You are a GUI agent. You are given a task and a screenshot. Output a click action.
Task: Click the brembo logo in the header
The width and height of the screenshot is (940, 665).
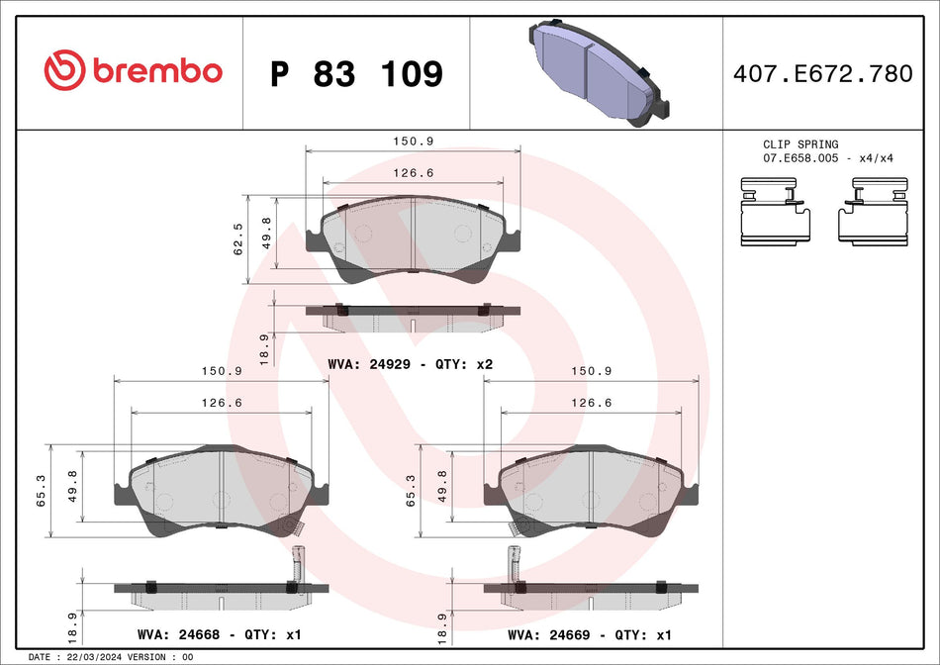pyautogui.click(x=133, y=71)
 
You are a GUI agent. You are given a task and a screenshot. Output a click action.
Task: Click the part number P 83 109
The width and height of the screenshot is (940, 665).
pyautogui.click(x=356, y=73)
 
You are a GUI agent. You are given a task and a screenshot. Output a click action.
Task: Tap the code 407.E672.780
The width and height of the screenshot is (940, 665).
pyautogui.click(x=822, y=73)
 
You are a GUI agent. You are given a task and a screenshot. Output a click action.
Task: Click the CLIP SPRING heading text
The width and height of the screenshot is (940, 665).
pyautogui.click(x=799, y=144)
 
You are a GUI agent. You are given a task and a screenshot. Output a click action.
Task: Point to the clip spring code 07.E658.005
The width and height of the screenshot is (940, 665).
pyautogui.click(x=799, y=158)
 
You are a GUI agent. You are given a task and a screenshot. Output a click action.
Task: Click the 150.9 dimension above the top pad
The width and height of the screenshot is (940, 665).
pyautogui.click(x=413, y=142)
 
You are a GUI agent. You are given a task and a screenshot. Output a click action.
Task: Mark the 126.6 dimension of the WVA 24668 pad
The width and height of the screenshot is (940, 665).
pyautogui.click(x=222, y=403)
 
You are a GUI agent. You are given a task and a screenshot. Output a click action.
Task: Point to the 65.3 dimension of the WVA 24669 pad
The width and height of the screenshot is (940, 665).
pyautogui.click(x=411, y=490)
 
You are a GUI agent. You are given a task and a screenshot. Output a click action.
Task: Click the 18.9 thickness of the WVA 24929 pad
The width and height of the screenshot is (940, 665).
pyautogui.click(x=263, y=349)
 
